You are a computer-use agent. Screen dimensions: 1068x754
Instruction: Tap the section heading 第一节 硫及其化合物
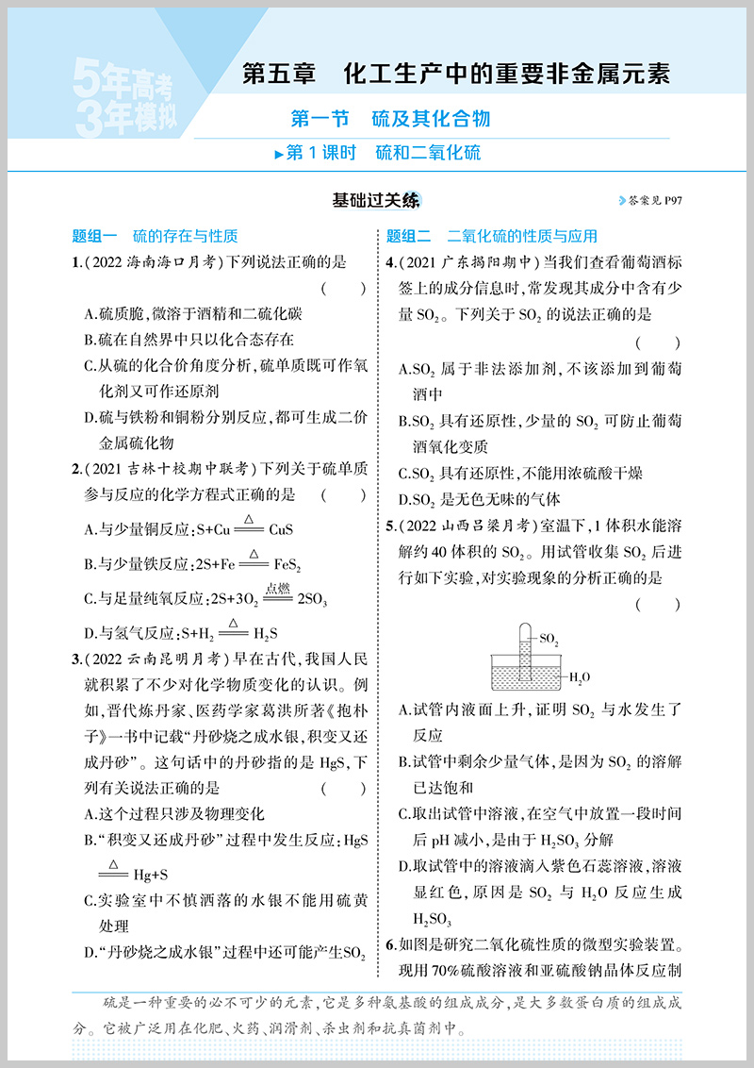click(390, 119)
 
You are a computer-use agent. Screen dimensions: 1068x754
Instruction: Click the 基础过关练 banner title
click(376, 200)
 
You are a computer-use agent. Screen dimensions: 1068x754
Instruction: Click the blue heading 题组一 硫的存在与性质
click(155, 236)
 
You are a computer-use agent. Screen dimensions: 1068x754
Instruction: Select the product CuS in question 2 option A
click(282, 530)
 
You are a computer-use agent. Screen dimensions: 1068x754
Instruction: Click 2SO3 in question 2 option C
click(312, 599)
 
